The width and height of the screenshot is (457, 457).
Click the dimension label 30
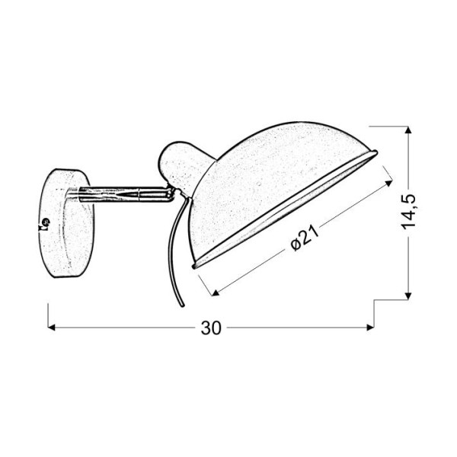point(211,329)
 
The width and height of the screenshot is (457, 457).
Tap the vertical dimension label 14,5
point(411,213)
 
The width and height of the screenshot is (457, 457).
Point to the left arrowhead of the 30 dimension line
point(53,328)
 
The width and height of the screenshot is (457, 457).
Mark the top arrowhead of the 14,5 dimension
point(411,130)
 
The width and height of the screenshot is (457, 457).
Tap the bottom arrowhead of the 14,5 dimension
point(411,294)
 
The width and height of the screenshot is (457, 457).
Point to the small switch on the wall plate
point(43,225)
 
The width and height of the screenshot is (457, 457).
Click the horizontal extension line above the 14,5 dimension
point(388,126)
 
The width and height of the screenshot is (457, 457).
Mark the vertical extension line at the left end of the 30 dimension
point(49,316)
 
